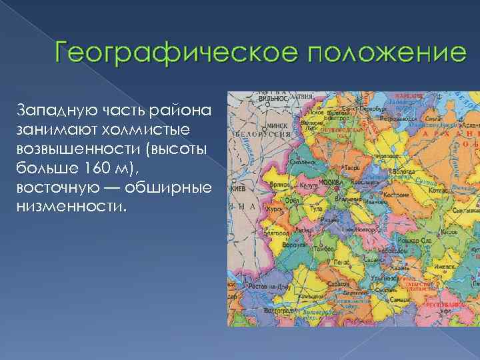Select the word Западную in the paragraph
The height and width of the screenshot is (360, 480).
tap(54, 108)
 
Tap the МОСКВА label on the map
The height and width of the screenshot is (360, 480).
tap(331, 180)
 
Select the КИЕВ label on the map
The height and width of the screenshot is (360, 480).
tap(237, 189)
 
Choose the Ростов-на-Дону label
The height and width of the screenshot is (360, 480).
tap(263, 286)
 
